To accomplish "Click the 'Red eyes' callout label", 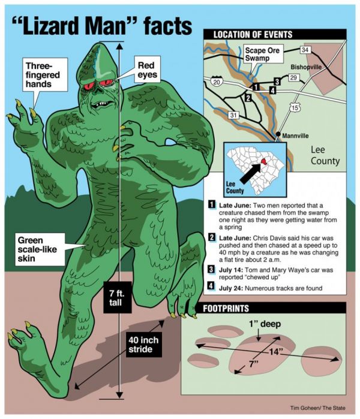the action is pos(147,70).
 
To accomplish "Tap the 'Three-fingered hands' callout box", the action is pos(44,74).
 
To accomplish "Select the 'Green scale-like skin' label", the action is pos(40,249).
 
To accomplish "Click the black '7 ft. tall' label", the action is pos(118,297).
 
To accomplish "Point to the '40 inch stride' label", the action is pos(144,345).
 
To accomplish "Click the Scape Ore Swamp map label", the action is pos(263,54).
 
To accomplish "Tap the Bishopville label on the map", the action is pos(306,67).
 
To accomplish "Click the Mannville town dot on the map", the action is pos(278,134).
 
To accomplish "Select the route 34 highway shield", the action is pos(305,50).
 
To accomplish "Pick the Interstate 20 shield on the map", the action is pos(217,81).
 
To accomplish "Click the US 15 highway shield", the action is pos(295,107).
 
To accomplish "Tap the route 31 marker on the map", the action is pos(233,115).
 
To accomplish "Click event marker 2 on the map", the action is pos(248,98).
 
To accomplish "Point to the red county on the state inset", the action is pos(263,161).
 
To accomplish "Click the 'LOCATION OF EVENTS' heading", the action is pos(253,35).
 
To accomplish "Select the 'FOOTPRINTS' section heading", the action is pos(226,308).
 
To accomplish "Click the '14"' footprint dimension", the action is pos(275,351).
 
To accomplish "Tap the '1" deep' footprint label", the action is pos(265,324).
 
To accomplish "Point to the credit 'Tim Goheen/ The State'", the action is pos(318,408).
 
